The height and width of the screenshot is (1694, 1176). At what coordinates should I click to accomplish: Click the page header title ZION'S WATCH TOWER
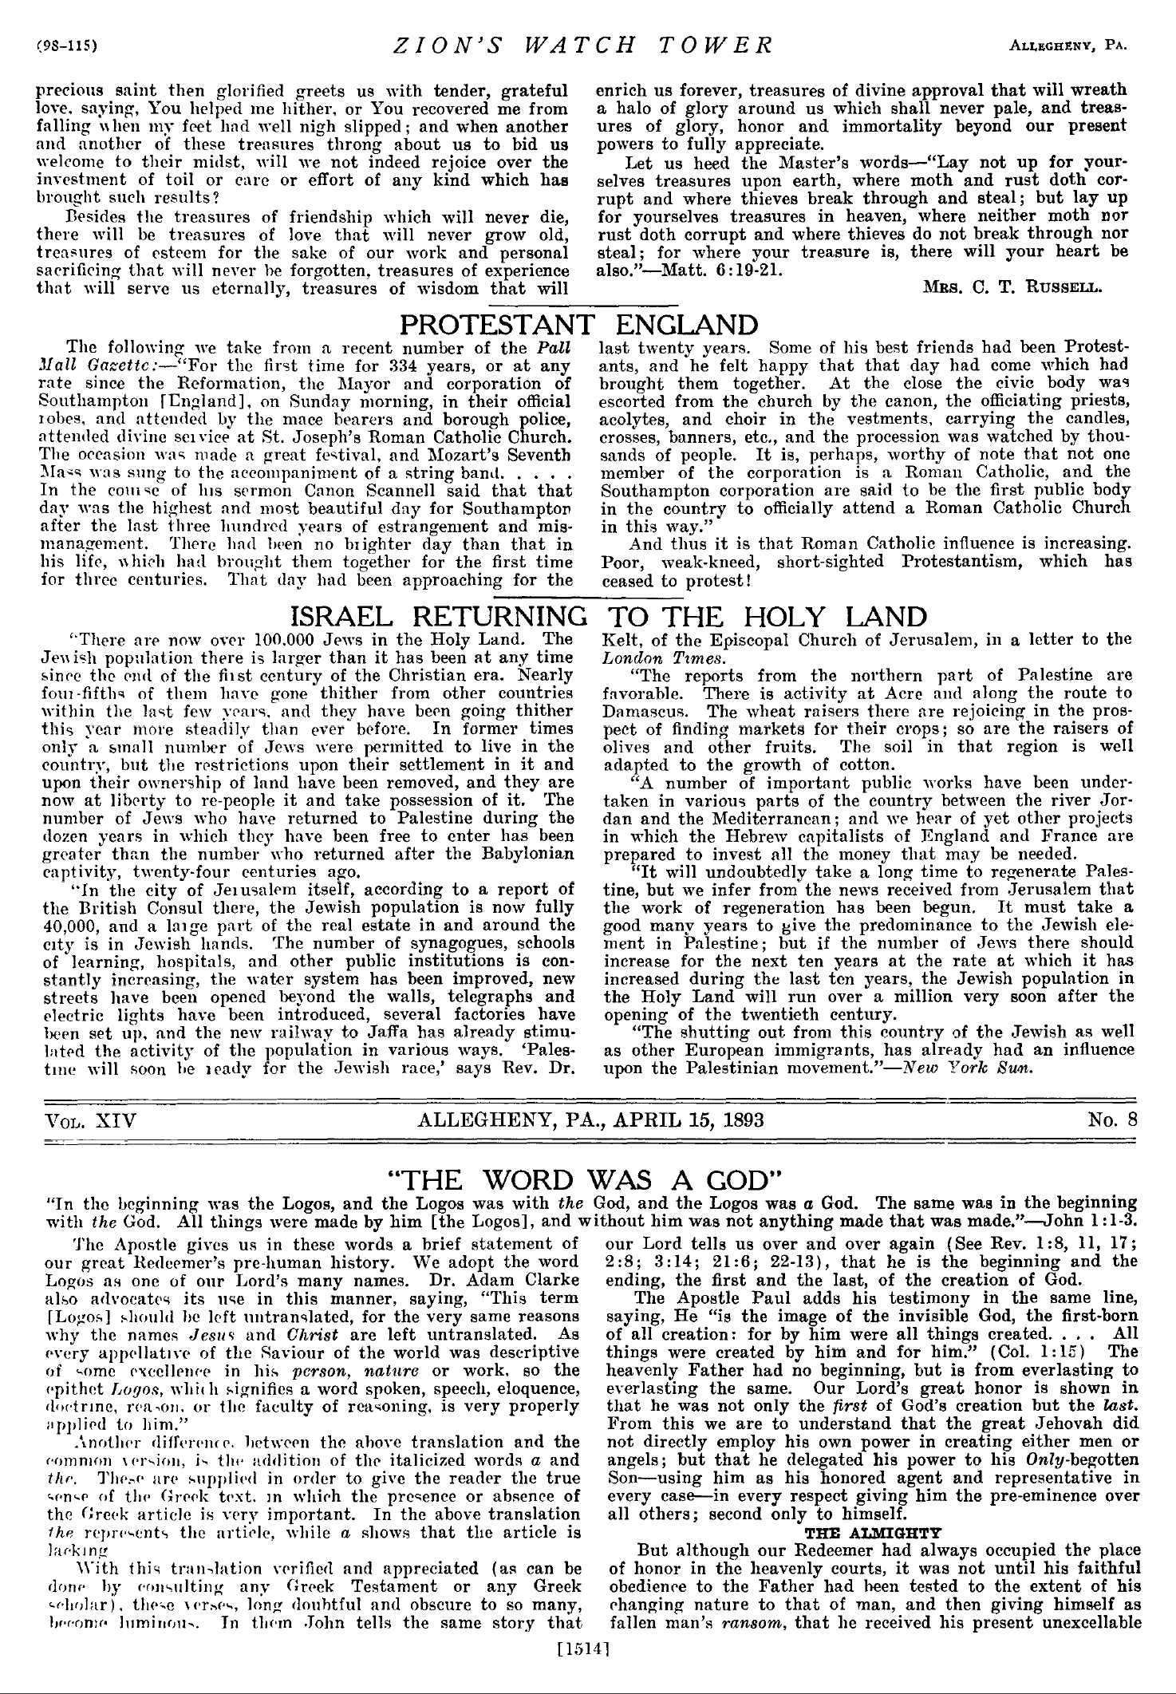(x=583, y=45)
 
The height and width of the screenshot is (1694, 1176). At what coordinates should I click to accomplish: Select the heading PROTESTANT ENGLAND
(x=578, y=325)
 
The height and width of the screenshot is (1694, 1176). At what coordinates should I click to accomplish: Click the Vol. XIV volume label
(x=90, y=1119)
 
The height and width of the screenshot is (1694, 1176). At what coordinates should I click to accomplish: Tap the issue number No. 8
(x=1111, y=1119)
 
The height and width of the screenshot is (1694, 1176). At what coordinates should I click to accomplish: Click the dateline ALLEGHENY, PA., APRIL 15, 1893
(x=590, y=1119)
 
